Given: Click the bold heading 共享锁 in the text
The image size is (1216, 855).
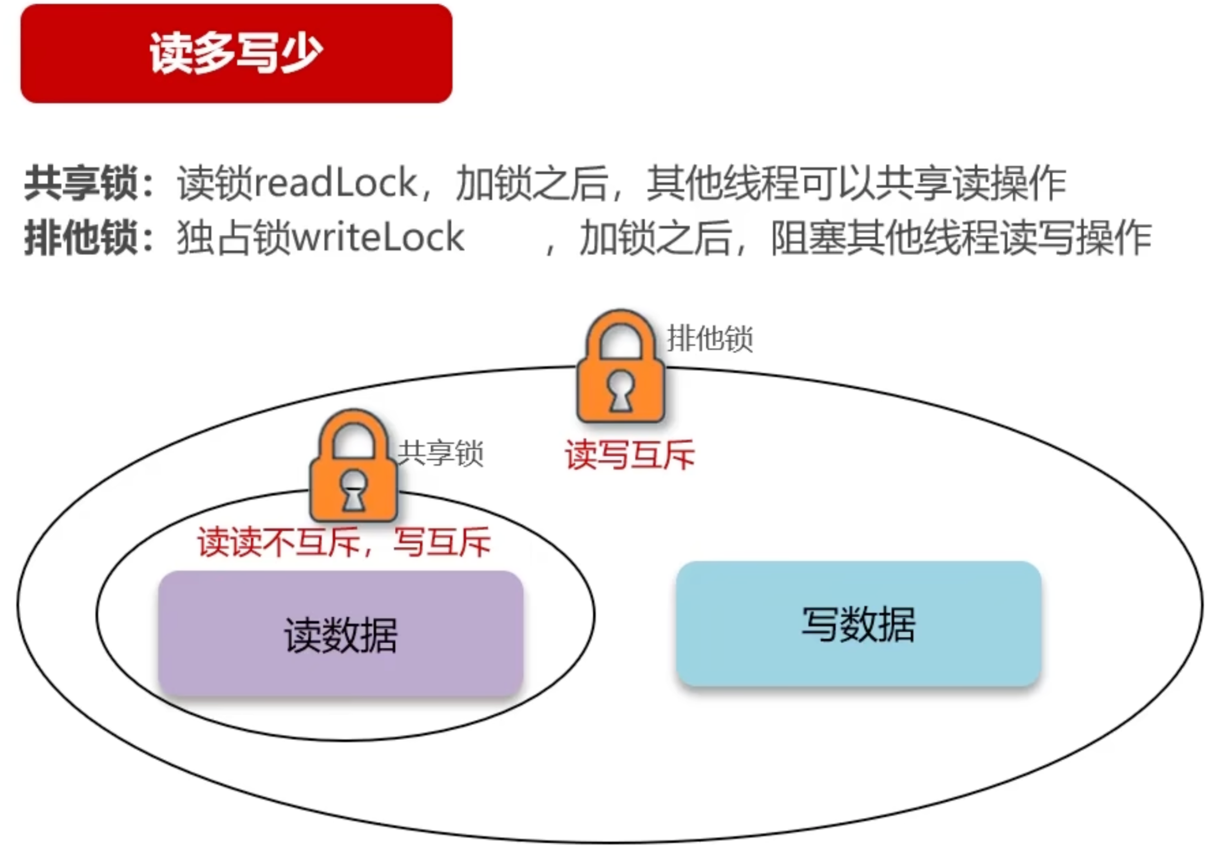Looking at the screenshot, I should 81,183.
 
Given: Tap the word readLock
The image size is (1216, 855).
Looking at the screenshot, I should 336,183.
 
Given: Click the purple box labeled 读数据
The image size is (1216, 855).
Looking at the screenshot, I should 340,634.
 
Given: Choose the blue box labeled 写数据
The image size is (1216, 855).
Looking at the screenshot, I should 858,624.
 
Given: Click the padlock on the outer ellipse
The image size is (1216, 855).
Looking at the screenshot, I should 621,368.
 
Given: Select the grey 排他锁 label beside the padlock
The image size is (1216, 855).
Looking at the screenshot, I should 710,339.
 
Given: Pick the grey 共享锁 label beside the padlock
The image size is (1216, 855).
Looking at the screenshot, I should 441,453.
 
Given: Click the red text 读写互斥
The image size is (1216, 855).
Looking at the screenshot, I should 630,455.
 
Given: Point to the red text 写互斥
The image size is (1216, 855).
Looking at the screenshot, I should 443,542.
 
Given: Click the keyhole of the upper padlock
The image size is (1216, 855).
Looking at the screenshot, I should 621,391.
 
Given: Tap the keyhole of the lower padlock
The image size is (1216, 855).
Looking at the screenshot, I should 353,490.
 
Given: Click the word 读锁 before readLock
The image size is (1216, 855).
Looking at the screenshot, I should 215,183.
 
